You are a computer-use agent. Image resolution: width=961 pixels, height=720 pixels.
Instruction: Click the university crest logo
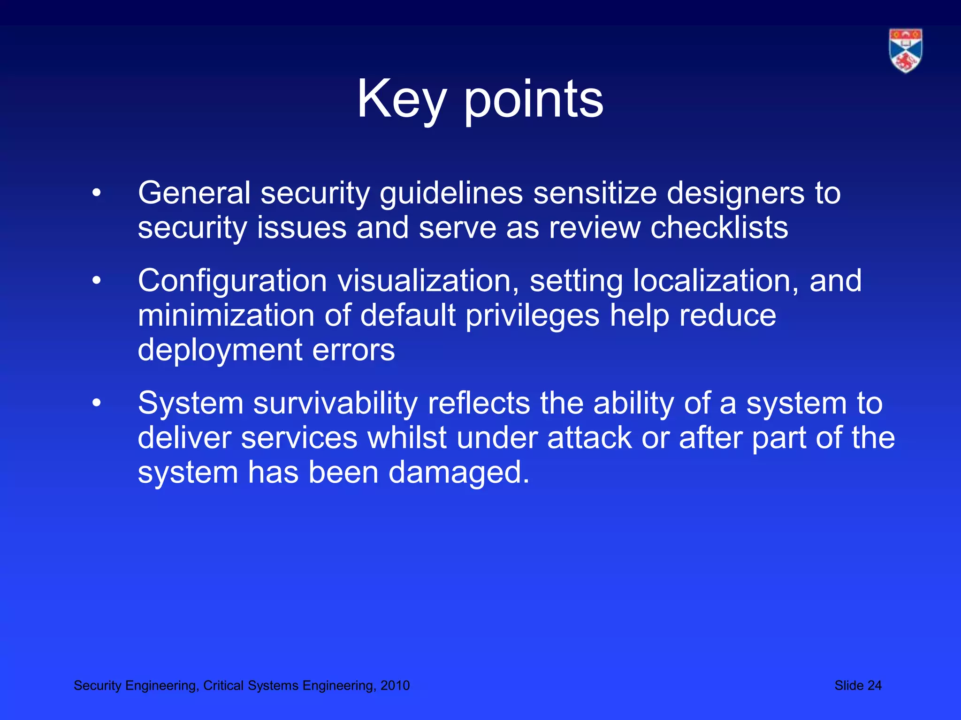point(905,51)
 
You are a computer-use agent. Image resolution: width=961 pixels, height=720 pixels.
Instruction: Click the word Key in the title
point(401,99)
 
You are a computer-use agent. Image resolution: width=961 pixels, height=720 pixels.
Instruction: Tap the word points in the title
point(534,99)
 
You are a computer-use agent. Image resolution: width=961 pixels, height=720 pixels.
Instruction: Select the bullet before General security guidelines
point(97,193)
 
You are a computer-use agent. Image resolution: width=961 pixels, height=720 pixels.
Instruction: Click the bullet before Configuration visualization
point(97,280)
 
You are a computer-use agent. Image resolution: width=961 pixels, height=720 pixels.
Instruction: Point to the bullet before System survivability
point(97,403)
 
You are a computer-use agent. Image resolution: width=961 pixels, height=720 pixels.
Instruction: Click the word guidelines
point(451,193)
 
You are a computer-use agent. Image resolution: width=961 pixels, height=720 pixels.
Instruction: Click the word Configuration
point(232,280)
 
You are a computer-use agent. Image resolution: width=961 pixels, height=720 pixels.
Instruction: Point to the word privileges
point(533,315)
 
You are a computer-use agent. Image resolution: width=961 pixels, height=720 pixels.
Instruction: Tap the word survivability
point(335,403)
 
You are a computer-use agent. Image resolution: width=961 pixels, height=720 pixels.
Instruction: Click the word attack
point(589,437)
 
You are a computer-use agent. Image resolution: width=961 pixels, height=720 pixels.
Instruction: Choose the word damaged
point(458,472)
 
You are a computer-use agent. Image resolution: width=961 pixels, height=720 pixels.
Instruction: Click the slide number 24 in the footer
point(874,685)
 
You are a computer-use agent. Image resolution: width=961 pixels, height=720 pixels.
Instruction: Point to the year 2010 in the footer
point(395,685)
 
